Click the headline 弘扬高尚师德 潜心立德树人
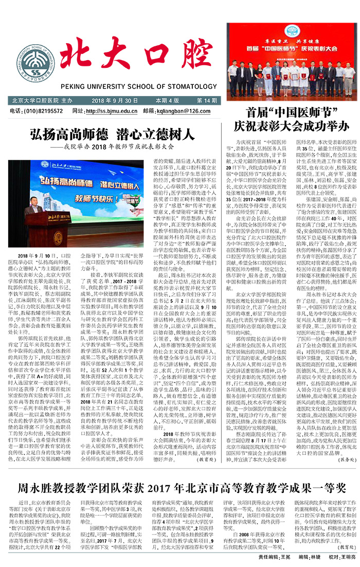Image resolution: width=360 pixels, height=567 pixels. [111, 135]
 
